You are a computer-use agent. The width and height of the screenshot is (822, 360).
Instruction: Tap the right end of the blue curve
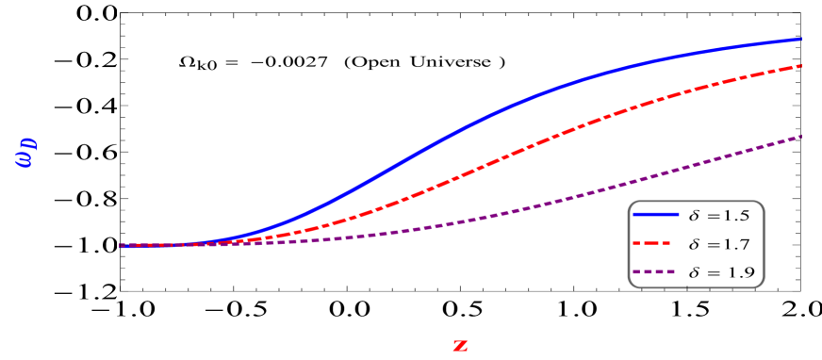pyautogui.click(x=801, y=40)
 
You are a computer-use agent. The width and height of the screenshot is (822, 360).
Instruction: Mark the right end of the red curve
pyautogui.click(x=801, y=66)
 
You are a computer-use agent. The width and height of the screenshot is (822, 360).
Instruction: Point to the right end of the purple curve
pyautogui.click(x=801, y=136)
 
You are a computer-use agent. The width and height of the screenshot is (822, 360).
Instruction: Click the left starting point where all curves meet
pyautogui.click(x=121, y=245)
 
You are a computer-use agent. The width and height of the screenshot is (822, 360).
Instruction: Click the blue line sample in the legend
pyautogui.click(x=655, y=215)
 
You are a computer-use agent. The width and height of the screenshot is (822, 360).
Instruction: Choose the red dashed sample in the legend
pyautogui.click(x=655, y=243)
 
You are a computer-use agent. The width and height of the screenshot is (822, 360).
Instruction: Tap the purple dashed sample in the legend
pyautogui.click(x=655, y=272)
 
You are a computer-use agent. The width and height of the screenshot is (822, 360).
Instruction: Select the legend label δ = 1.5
pyautogui.click(x=719, y=216)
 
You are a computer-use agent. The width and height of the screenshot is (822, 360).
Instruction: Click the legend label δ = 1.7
pyautogui.click(x=719, y=244)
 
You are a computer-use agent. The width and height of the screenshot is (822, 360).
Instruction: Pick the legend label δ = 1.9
pyautogui.click(x=720, y=273)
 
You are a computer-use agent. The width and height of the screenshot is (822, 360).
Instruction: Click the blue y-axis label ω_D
pyautogui.click(x=25, y=151)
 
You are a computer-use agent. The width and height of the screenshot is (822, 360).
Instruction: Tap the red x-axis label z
pyautogui.click(x=460, y=345)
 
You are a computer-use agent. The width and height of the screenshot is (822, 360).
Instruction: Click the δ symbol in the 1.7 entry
pyautogui.click(x=695, y=244)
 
